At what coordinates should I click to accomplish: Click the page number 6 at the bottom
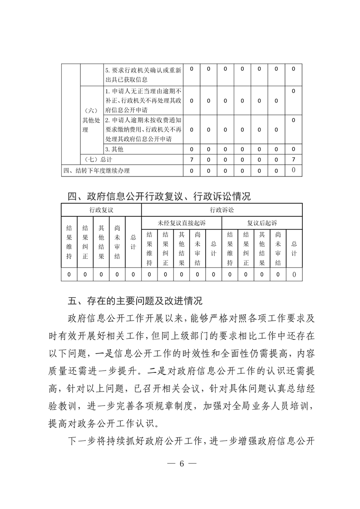181,464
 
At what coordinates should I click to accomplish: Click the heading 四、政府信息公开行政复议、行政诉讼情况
159,196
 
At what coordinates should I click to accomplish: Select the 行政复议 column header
101,210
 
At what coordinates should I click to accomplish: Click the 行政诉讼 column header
222,210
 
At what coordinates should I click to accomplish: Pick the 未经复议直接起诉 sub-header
182,223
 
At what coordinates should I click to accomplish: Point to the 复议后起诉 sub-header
262,223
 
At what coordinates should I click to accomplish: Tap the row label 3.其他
114,149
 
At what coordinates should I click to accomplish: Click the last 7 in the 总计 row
294,160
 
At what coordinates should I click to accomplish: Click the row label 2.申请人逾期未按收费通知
143,130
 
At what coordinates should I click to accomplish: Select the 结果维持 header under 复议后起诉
230,249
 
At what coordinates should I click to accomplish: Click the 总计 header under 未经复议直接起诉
213,249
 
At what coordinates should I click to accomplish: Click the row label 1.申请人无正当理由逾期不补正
143,100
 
